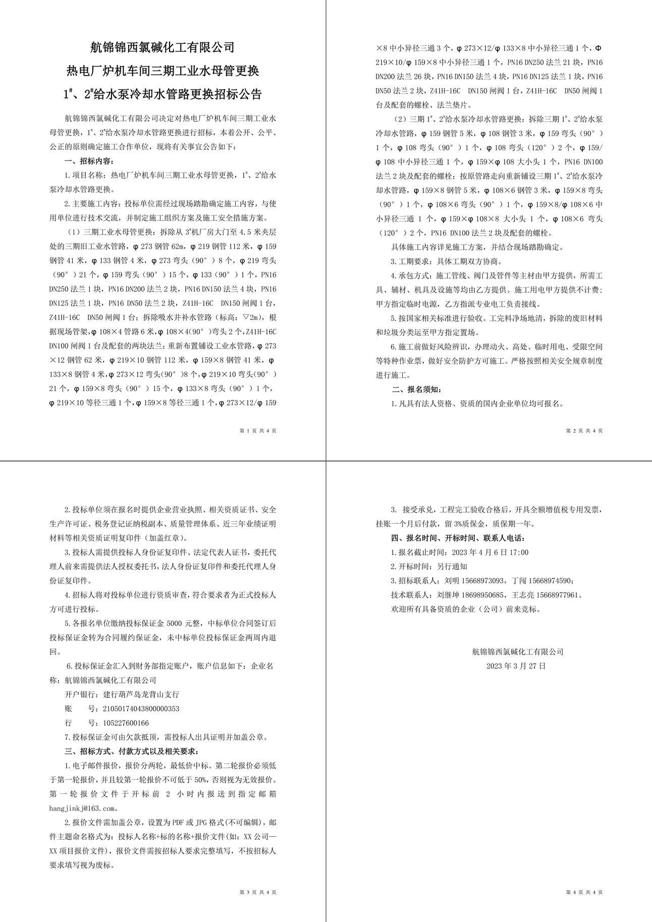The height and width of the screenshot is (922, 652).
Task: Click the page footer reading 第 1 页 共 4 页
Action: coord(257,430)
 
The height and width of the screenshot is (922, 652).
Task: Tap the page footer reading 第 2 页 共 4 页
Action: coord(584,430)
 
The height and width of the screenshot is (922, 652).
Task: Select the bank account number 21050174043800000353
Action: coord(141,709)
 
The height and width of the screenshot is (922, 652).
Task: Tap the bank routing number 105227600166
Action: coord(126,723)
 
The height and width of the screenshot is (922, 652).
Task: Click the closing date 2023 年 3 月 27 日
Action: coord(516,666)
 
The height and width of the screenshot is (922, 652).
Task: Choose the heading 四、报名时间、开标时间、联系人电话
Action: coord(458,538)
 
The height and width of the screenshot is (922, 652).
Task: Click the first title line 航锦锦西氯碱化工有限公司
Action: coord(162,47)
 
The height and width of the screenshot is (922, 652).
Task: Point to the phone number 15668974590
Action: coord(551,580)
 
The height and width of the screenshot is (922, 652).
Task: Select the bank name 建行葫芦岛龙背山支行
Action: coord(141,694)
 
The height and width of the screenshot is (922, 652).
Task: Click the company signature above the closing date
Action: coord(517,652)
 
